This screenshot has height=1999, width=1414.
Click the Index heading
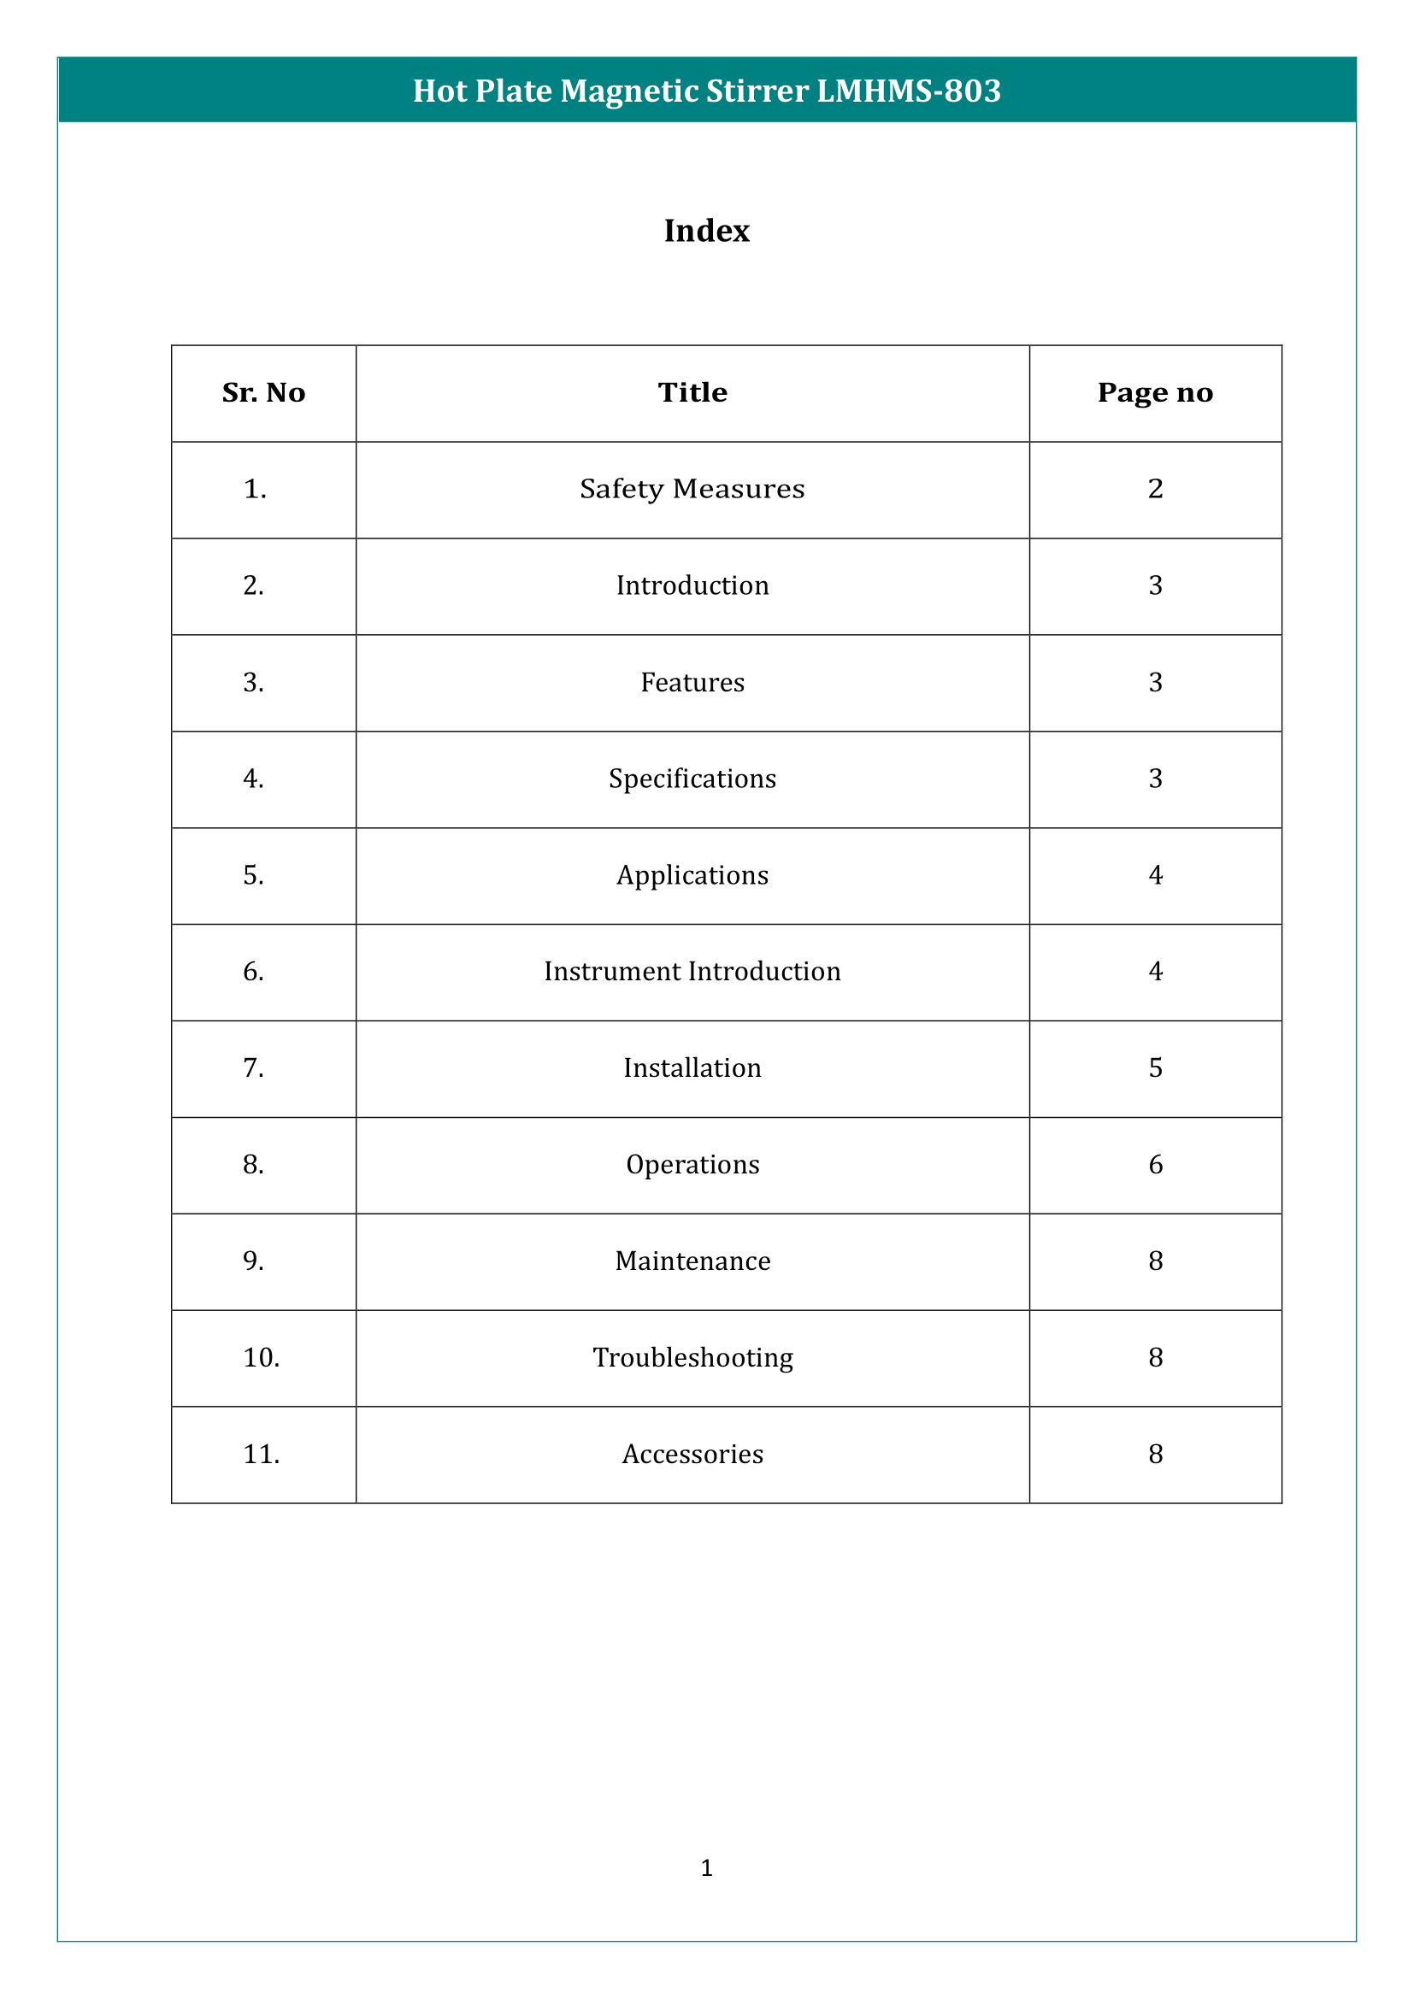tap(706, 231)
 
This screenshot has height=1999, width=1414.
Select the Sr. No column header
tap(263, 392)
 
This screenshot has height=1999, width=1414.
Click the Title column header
tap(692, 392)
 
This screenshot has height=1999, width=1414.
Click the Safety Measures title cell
tap(692, 490)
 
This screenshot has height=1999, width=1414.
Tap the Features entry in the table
tap(692, 683)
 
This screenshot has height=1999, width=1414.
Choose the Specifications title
tap(692, 779)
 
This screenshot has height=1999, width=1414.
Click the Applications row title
tap(692, 875)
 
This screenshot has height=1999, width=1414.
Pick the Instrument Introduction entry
tap(692, 972)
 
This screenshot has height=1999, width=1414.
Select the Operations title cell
tap(692, 1165)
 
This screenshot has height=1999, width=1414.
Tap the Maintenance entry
tap(692, 1261)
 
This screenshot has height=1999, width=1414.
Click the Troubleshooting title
tap(692, 1358)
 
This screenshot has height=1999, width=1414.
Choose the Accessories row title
tap(692, 1455)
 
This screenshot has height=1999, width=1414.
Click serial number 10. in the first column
tap(262, 1358)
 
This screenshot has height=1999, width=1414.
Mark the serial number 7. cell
tap(253, 1068)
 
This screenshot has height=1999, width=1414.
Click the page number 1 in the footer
tap(706, 1867)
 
